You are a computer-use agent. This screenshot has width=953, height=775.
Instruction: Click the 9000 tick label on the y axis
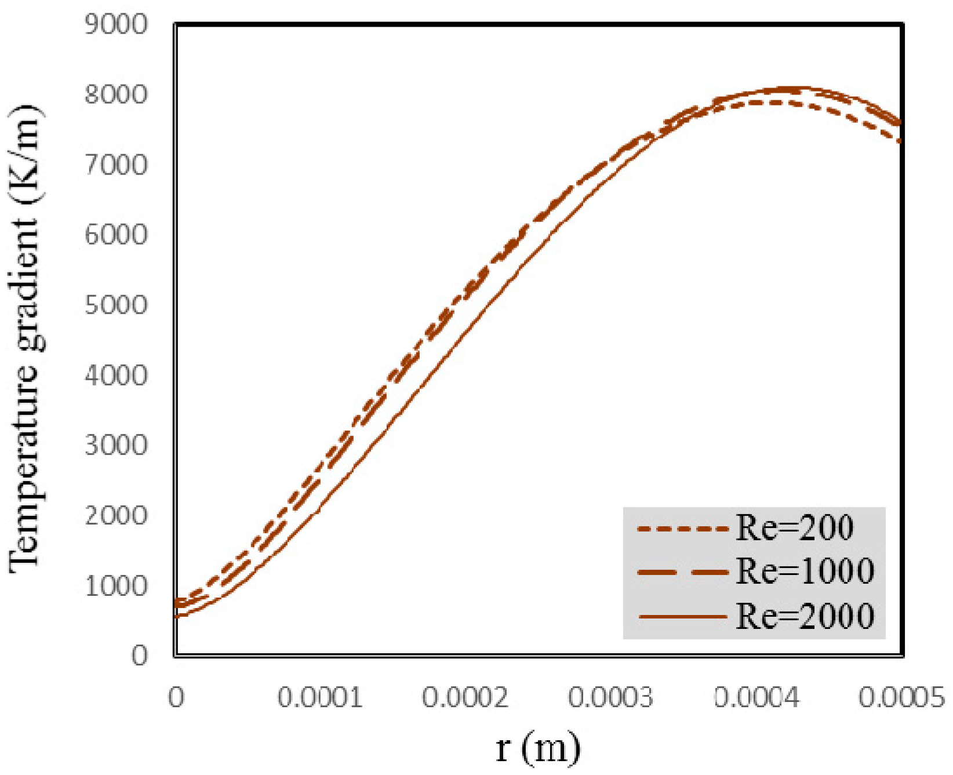(x=116, y=25)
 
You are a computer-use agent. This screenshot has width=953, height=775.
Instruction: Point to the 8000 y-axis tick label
(x=116, y=95)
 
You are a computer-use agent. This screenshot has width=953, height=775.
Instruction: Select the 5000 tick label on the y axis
(x=116, y=305)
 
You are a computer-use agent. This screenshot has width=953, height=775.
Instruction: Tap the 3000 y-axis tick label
(x=116, y=446)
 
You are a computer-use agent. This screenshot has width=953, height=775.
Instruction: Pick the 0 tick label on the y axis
(x=139, y=656)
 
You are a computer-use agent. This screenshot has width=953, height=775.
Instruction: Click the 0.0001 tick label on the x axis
(x=320, y=697)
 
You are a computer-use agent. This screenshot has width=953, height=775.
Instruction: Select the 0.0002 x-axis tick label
(x=465, y=697)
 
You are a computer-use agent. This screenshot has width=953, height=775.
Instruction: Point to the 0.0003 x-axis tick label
(x=611, y=697)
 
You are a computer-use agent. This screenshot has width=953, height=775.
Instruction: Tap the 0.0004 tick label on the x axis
(x=756, y=697)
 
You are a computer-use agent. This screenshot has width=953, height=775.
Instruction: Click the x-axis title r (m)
(x=538, y=747)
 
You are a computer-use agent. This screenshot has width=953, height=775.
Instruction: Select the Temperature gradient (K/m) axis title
(x=24, y=339)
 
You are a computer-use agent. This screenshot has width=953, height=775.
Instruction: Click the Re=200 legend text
(x=795, y=528)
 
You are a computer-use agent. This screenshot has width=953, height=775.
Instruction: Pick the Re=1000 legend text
(x=805, y=572)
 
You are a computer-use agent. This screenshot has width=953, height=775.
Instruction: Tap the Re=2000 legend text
(x=805, y=616)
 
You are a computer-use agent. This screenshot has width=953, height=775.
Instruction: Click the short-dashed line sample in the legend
(x=682, y=529)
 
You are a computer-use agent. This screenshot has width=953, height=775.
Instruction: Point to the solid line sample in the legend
(x=682, y=616)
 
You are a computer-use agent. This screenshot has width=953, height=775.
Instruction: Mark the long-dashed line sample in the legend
(x=682, y=572)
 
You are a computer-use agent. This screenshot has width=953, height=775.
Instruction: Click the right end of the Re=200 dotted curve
(x=900, y=141)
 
